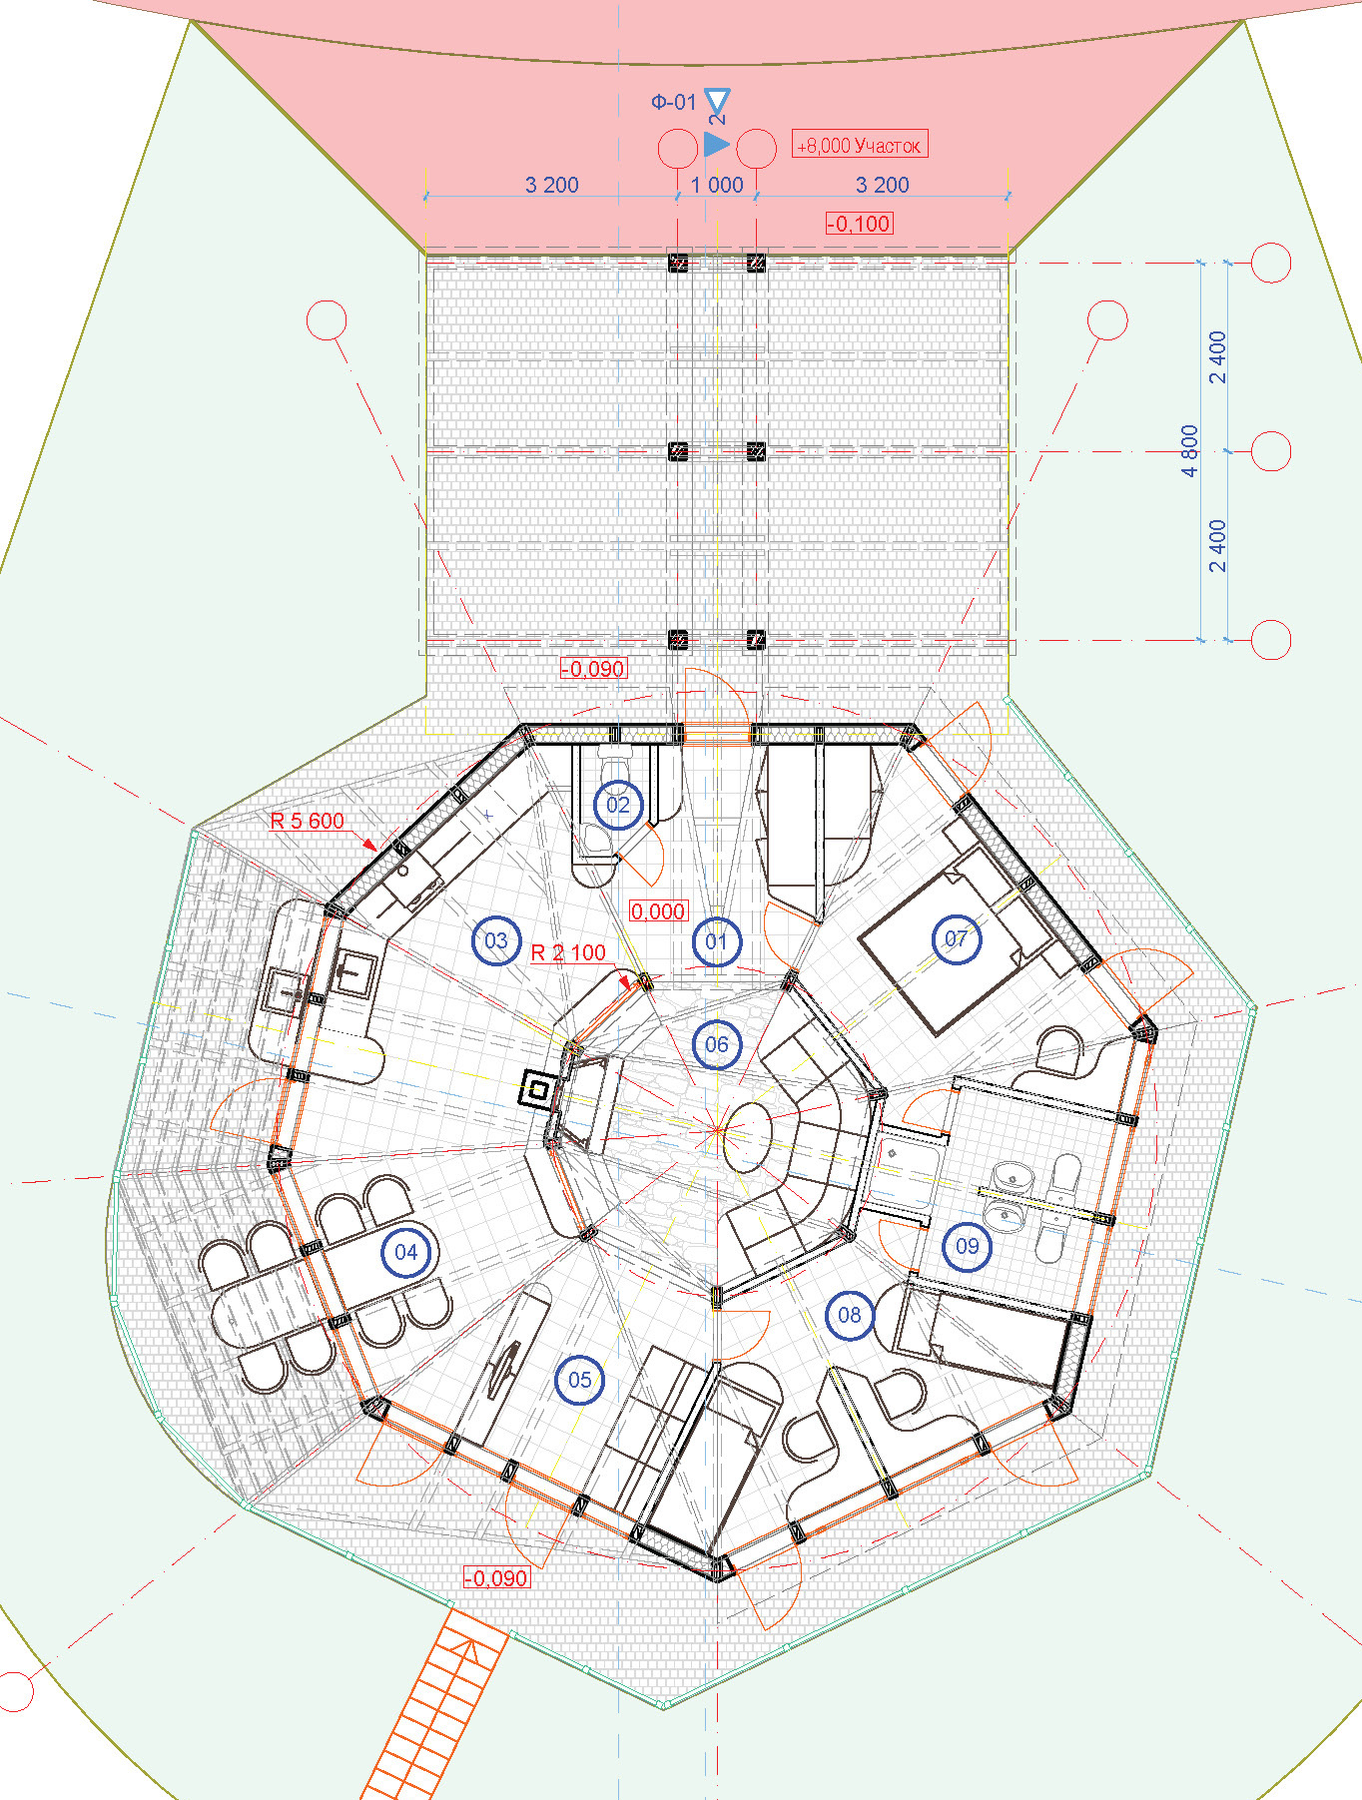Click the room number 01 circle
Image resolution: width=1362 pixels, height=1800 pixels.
pos(716,941)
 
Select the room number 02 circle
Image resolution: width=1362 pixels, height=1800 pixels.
pos(618,805)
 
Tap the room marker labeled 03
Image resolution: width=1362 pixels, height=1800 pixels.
pos(496,940)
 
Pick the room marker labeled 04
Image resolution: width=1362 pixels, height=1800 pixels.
pos(405,1252)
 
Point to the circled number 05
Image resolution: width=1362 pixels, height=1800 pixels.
pos(580,1380)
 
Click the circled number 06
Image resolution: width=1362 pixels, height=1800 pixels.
pos(717,1044)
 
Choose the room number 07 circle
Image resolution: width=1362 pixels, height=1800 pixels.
pos(956,938)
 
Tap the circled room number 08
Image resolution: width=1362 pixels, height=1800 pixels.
pos(850,1315)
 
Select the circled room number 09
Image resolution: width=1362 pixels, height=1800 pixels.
pos(968,1246)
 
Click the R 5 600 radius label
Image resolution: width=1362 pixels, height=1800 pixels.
pos(308,821)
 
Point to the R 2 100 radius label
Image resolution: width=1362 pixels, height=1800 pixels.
pos(568,952)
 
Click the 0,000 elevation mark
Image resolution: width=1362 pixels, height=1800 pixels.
pos(658,911)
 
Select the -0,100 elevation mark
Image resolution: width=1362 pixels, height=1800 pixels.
pos(860,224)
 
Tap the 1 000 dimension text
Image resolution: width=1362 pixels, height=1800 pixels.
pos(717,185)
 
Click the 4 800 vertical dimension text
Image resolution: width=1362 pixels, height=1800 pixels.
pos(1189,451)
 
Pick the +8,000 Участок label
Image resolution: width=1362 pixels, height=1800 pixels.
pos(860,145)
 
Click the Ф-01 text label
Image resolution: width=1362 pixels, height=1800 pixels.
pos(674,102)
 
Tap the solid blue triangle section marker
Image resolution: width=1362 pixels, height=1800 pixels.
pos(716,144)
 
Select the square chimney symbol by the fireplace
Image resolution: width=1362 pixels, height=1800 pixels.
pos(537,1088)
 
